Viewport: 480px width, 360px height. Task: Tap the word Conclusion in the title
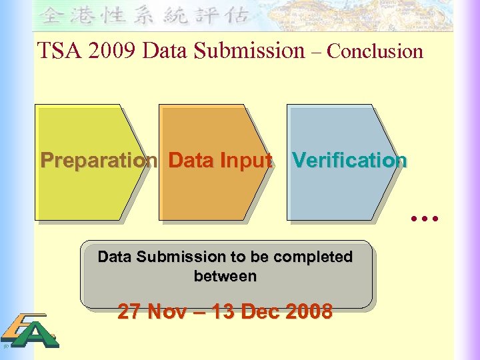click(375, 51)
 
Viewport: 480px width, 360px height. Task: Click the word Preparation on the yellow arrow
click(99, 161)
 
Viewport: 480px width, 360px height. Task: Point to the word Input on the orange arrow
click(249, 161)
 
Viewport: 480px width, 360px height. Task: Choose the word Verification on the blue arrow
click(349, 161)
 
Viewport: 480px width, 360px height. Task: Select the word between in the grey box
click(225, 275)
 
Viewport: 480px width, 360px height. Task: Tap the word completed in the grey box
click(313, 257)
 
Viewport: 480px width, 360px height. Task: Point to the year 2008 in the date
click(307, 311)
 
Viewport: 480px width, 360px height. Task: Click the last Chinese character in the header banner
click(239, 15)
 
